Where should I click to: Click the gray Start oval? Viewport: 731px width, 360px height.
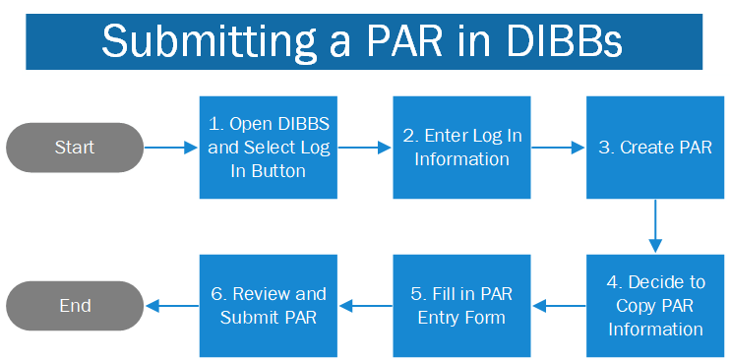coord(75,148)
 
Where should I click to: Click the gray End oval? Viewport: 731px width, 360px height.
coord(75,306)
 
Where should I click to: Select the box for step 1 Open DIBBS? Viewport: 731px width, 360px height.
coord(269,148)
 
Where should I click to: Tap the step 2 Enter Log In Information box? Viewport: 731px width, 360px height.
coord(461,148)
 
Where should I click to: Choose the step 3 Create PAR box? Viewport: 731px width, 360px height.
coord(655,148)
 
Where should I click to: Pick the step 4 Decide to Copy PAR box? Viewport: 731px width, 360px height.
coord(655,306)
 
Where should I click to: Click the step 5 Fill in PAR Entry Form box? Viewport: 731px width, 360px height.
coord(461,306)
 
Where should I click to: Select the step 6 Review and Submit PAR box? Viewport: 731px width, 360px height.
coord(269,306)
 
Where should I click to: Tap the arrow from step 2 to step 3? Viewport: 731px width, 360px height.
coord(558,149)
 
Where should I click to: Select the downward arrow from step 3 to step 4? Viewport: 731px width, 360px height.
coord(655,226)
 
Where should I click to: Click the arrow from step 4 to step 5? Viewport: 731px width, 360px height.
coord(558,306)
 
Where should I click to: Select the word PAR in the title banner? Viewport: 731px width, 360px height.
coord(404,42)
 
